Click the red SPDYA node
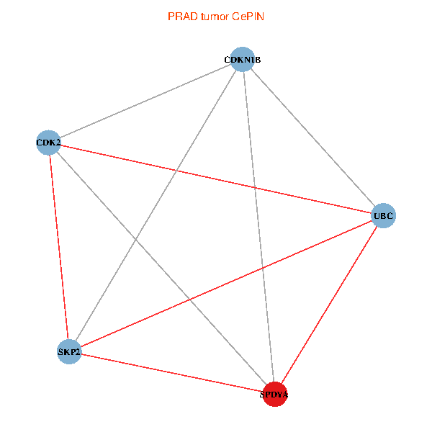click(274, 394)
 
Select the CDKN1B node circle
click(243, 59)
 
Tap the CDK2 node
click(48, 143)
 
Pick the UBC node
click(383, 215)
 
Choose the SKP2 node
click(69, 351)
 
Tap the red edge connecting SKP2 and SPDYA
click(171, 372)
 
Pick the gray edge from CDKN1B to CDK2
click(145, 101)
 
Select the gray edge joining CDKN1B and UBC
click(312, 137)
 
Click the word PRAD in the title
click(180, 16)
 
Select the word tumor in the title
click(213, 16)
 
